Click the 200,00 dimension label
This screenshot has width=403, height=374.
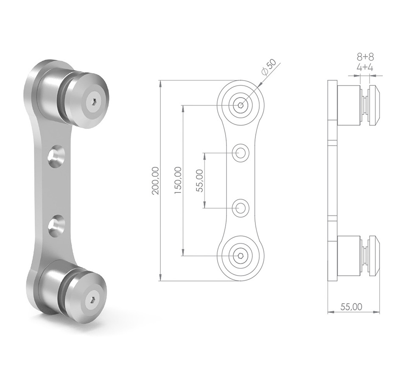click(x=155, y=181)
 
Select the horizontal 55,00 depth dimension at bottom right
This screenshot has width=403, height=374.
click(x=351, y=306)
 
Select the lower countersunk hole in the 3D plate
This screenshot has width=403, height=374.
click(x=56, y=225)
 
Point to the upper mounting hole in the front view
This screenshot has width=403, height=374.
click(x=241, y=153)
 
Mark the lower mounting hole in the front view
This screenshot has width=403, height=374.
click(x=241, y=208)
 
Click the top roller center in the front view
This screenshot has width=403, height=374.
click(x=241, y=105)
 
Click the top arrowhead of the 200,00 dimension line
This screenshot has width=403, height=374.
click(x=160, y=82)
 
